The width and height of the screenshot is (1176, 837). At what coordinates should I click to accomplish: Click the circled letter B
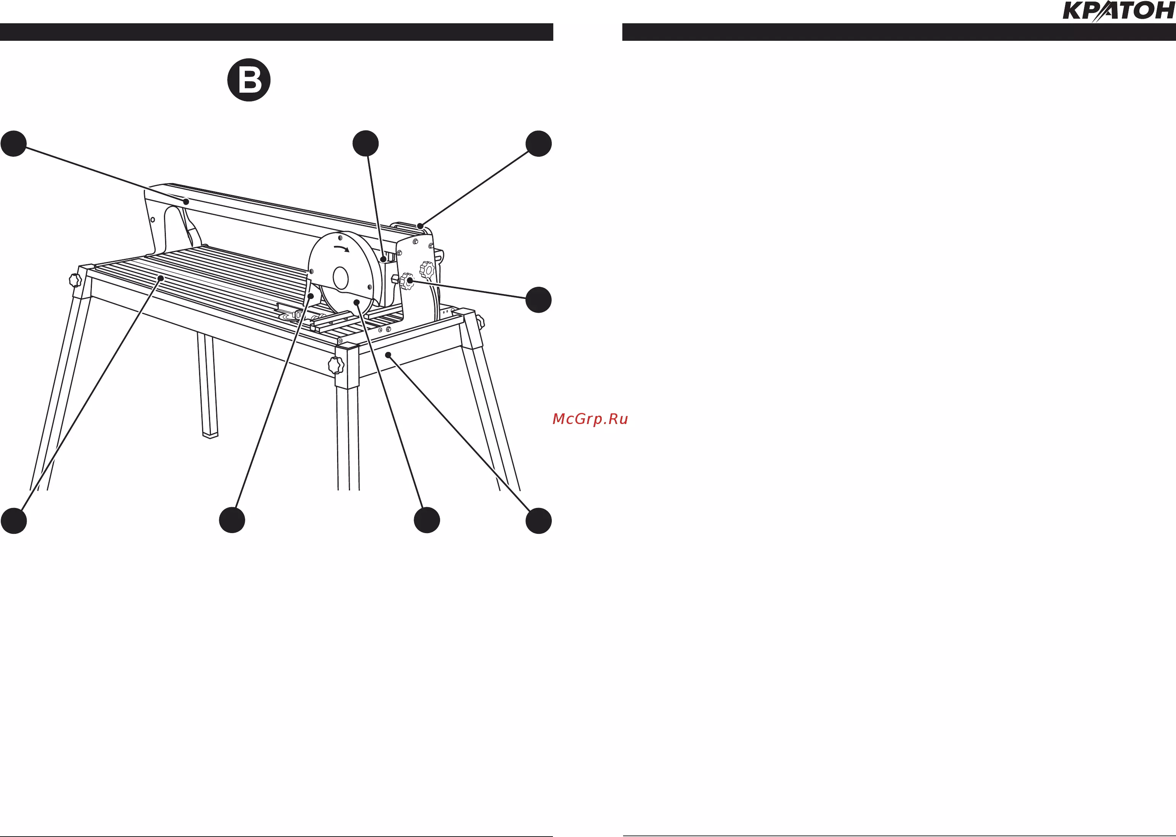[x=249, y=80]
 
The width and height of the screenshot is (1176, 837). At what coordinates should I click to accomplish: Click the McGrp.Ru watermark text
[x=590, y=419]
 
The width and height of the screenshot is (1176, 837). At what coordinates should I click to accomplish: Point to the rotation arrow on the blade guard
[x=342, y=249]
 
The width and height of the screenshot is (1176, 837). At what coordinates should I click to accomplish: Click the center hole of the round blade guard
[x=341, y=278]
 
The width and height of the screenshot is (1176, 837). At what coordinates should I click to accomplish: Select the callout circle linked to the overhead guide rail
[x=14, y=144]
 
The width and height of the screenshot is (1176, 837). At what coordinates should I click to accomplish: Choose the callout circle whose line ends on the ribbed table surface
[x=14, y=521]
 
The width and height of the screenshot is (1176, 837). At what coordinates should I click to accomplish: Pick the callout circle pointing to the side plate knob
[x=538, y=300]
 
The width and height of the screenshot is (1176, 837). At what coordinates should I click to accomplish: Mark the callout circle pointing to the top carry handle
[x=538, y=144]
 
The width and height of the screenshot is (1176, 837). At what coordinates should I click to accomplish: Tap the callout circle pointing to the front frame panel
[x=538, y=521]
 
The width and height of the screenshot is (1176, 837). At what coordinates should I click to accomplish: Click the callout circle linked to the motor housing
[x=365, y=144]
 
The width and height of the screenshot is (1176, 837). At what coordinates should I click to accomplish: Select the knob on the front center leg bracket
[x=336, y=365]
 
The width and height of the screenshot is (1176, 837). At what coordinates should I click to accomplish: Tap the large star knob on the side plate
[x=427, y=270]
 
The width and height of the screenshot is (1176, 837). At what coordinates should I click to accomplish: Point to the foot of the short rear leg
[x=210, y=435]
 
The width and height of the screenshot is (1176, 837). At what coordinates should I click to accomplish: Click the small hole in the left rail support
[x=153, y=220]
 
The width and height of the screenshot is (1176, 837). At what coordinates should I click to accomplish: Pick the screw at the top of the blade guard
[x=340, y=238]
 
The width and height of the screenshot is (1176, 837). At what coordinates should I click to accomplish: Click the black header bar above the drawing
[x=277, y=32]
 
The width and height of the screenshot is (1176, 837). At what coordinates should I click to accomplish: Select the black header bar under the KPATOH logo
[x=899, y=32]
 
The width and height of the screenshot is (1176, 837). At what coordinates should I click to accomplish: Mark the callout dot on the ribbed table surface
[x=161, y=278]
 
